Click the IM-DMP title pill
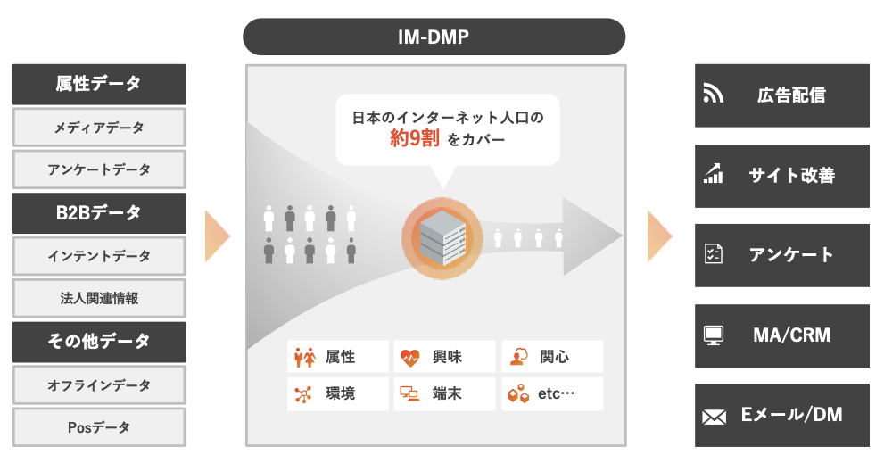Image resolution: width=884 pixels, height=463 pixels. click(434, 37)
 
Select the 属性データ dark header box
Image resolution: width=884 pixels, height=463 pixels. click(99, 84)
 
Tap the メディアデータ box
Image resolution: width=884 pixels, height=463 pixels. click(99, 128)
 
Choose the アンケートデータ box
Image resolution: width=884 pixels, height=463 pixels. click(99, 169)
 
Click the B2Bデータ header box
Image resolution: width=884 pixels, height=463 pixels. click(99, 213)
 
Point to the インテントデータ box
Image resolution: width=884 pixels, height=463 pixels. click(99, 256)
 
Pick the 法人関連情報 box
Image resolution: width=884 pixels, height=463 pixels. click(99, 299)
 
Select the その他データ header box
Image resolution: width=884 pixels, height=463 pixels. click(99, 342)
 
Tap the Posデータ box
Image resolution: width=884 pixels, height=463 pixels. click(99, 427)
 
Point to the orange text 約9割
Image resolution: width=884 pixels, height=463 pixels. click(411, 138)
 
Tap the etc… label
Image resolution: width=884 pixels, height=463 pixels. click(557, 393)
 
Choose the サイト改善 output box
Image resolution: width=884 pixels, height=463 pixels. click(781, 176)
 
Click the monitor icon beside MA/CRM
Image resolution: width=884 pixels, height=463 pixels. click(713, 335)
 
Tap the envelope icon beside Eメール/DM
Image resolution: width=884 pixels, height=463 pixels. click(713, 416)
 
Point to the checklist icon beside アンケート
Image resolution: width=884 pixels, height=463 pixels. click(713, 254)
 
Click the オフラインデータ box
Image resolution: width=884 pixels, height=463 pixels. click(99, 385)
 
